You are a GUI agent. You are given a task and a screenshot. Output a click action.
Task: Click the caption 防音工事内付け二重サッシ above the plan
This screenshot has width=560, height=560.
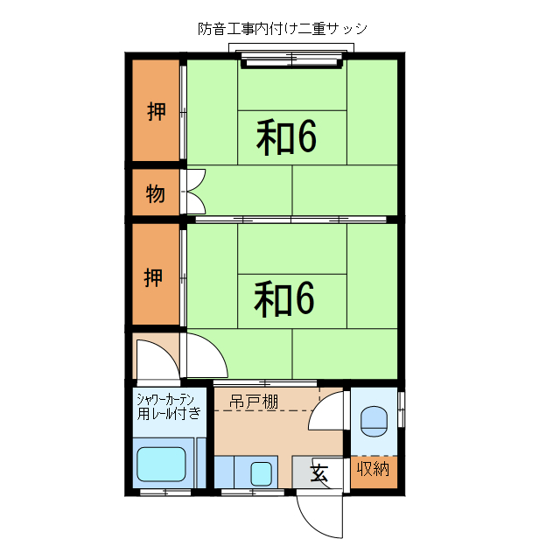point(283,28)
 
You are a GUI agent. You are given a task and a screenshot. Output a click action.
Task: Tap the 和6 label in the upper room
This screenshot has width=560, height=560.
point(286,136)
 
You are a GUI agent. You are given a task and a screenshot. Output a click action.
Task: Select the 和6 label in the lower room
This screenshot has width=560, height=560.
point(284,299)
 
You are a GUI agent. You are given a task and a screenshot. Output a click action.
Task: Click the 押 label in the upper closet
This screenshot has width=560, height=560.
point(156,111)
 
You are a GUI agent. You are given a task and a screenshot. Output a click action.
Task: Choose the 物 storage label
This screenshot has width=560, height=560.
point(155,193)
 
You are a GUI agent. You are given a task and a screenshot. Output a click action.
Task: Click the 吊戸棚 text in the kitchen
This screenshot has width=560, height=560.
point(254,402)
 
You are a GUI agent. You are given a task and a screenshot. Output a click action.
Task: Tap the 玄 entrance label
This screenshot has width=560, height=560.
point(319,474)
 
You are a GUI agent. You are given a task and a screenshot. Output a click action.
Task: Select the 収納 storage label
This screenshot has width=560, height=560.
point(373,469)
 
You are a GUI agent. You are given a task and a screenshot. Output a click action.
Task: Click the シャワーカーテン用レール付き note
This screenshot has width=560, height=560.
point(169,407)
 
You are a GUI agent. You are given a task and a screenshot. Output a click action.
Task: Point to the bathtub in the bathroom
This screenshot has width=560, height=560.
point(162,464)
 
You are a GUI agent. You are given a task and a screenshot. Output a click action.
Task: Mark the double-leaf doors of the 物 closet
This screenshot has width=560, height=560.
point(193,191)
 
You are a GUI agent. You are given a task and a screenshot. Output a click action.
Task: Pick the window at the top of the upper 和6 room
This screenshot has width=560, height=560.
point(291,59)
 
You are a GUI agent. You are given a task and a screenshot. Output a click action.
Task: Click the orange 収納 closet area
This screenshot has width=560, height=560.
point(374,472)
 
